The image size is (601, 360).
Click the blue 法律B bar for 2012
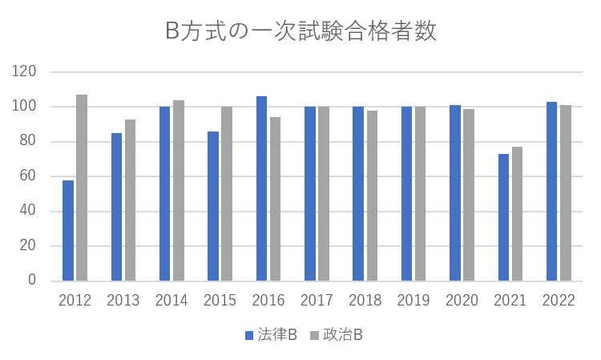[68, 231]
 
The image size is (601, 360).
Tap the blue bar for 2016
[261, 188]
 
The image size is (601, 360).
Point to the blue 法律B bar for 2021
[503, 217]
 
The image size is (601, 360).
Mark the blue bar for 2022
[551, 192]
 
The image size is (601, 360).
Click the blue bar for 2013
[116, 207]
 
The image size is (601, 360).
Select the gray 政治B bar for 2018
[372, 196]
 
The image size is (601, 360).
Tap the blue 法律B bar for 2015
[213, 206]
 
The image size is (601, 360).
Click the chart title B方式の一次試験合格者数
[300, 32]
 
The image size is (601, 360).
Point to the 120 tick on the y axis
[26, 72]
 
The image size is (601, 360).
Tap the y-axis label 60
[30, 176]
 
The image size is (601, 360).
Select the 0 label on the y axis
[33, 281]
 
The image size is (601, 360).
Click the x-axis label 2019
[413, 301]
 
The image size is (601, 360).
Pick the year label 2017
[317, 301]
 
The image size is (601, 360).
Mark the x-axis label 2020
[462, 301]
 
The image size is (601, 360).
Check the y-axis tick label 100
[26, 107]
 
